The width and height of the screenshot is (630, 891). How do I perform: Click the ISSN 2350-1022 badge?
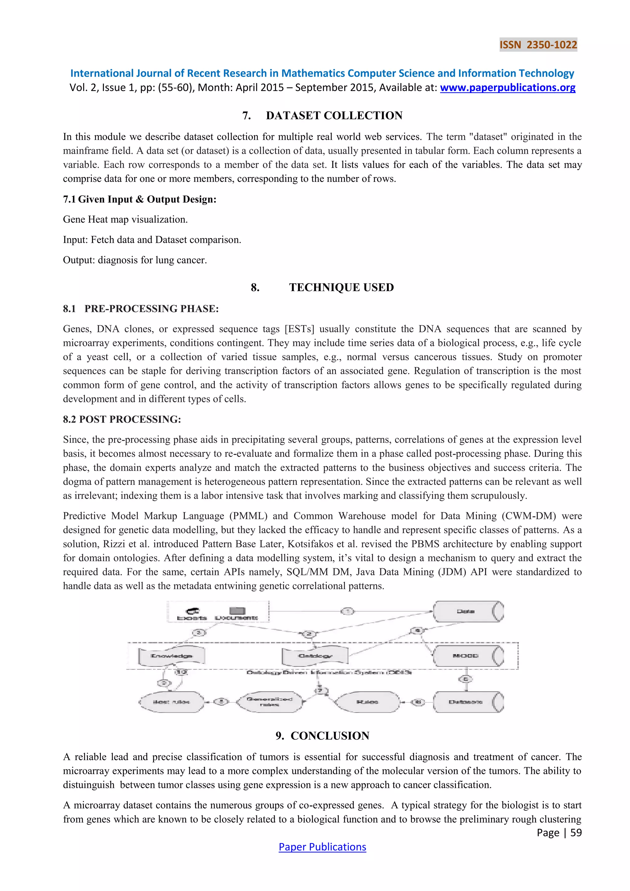point(538,45)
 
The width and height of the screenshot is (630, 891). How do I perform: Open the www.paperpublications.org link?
point(507,88)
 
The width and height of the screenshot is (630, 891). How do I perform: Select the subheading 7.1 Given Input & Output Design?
point(140,199)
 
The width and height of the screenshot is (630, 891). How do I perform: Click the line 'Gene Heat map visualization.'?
point(125,220)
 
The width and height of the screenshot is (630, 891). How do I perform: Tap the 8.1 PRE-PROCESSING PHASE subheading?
point(141,309)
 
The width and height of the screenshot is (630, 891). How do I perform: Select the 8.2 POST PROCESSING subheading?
point(122,419)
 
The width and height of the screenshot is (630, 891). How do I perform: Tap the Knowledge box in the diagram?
point(171,656)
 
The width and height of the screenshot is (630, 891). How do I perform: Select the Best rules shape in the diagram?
point(171,701)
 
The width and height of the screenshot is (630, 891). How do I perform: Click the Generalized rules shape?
point(269,701)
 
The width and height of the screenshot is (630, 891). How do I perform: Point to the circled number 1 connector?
point(348,612)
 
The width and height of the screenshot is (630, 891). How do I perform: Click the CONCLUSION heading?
point(322,736)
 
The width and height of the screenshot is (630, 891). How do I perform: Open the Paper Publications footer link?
point(322,847)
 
